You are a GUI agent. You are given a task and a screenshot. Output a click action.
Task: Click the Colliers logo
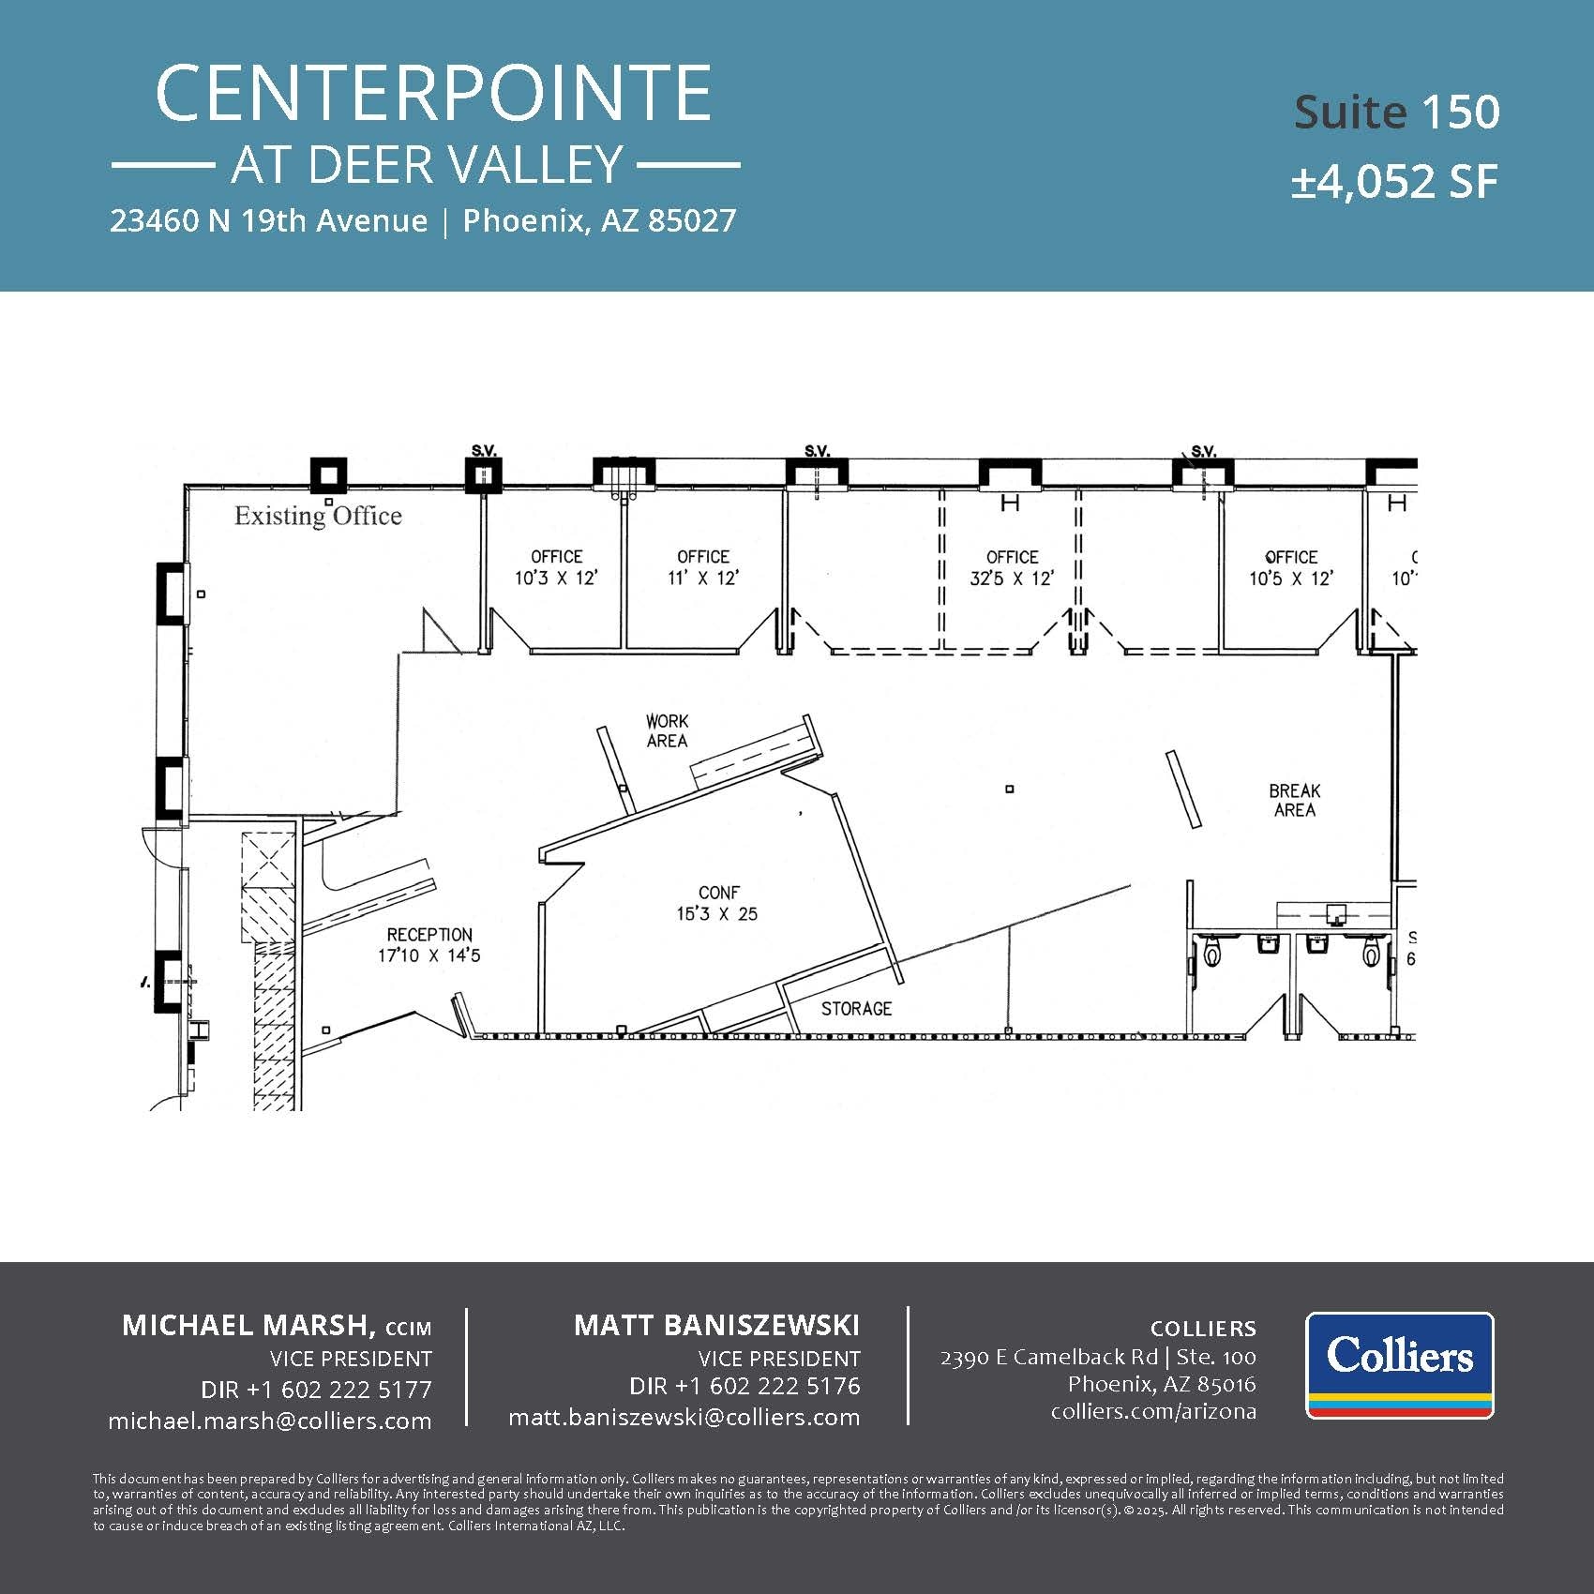1399,1364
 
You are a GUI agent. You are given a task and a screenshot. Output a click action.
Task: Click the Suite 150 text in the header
1396,112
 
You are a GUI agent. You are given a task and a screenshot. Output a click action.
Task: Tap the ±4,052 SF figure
1394,181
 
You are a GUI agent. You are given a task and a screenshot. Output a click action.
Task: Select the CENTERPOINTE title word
432,93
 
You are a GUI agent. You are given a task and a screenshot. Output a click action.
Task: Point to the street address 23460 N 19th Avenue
268,221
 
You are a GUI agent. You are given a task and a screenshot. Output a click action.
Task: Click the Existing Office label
318,516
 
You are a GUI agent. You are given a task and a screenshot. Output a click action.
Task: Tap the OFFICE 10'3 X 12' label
556,567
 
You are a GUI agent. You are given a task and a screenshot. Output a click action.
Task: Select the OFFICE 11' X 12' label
703,567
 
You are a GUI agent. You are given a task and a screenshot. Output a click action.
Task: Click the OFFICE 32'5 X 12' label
1012,567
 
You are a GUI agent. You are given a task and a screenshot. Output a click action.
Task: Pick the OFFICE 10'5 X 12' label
1290,567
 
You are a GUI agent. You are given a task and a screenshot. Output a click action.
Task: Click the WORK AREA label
667,730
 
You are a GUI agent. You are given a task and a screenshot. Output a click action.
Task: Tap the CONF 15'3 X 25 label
718,903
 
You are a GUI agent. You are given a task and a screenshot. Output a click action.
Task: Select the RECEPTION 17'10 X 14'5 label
429,944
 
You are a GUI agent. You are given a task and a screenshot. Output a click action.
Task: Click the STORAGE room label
856,1009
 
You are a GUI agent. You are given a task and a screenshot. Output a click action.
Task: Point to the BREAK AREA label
1294,800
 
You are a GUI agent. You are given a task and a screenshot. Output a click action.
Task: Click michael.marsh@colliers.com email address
270,1421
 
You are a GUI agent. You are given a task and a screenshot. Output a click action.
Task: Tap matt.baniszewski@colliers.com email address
684,1417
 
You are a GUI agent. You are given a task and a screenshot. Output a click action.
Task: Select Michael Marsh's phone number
316,1389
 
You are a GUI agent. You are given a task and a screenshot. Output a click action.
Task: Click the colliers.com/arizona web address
1153,1411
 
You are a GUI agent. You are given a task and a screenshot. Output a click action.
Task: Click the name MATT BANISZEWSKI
716,1325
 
